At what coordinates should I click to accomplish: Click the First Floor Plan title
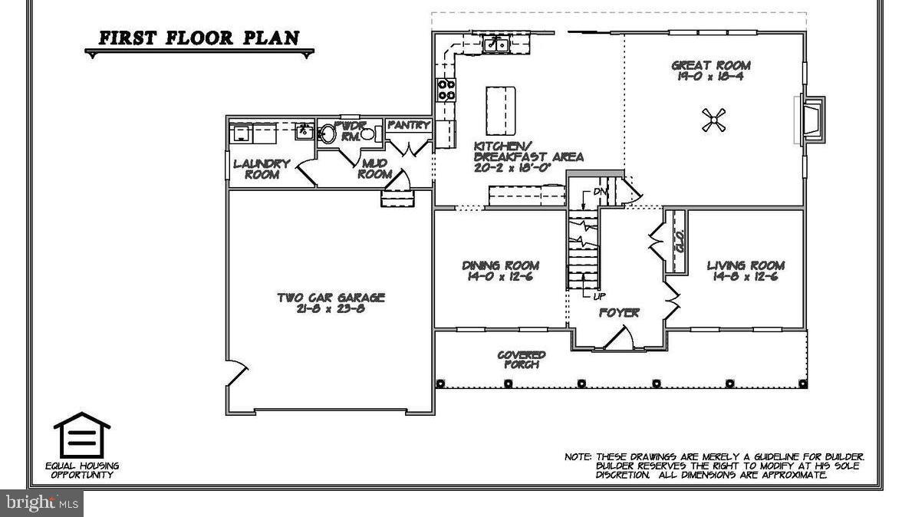[x=199, y=38]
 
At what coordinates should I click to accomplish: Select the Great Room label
[x=711, y=66]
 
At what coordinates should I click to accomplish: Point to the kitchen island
[x=500, y=110]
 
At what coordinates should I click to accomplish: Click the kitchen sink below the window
[x=496, y=45]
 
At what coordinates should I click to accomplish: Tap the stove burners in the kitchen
[x=446, y=91]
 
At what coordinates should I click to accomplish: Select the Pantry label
[x=408, y=125]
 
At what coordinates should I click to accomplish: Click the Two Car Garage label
[x=331, y=298]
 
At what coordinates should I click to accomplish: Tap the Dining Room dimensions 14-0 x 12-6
[x=500, y=277]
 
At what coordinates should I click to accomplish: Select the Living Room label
[x=746, y=265]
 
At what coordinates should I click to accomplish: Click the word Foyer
[x=619, y=313]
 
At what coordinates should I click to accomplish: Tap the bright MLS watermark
[x=41, y=503]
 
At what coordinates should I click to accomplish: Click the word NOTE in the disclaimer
[x=578, y=456]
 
